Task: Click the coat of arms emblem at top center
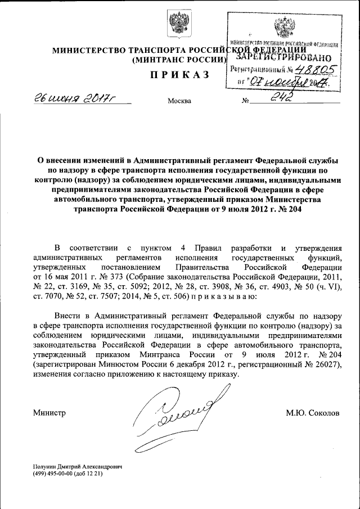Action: tap(179, 25)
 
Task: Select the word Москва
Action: tap(179, 102)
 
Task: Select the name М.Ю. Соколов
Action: tap(313, 413)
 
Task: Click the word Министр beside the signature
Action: tap(50, 413)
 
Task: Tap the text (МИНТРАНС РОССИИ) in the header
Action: tap(179, 60)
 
